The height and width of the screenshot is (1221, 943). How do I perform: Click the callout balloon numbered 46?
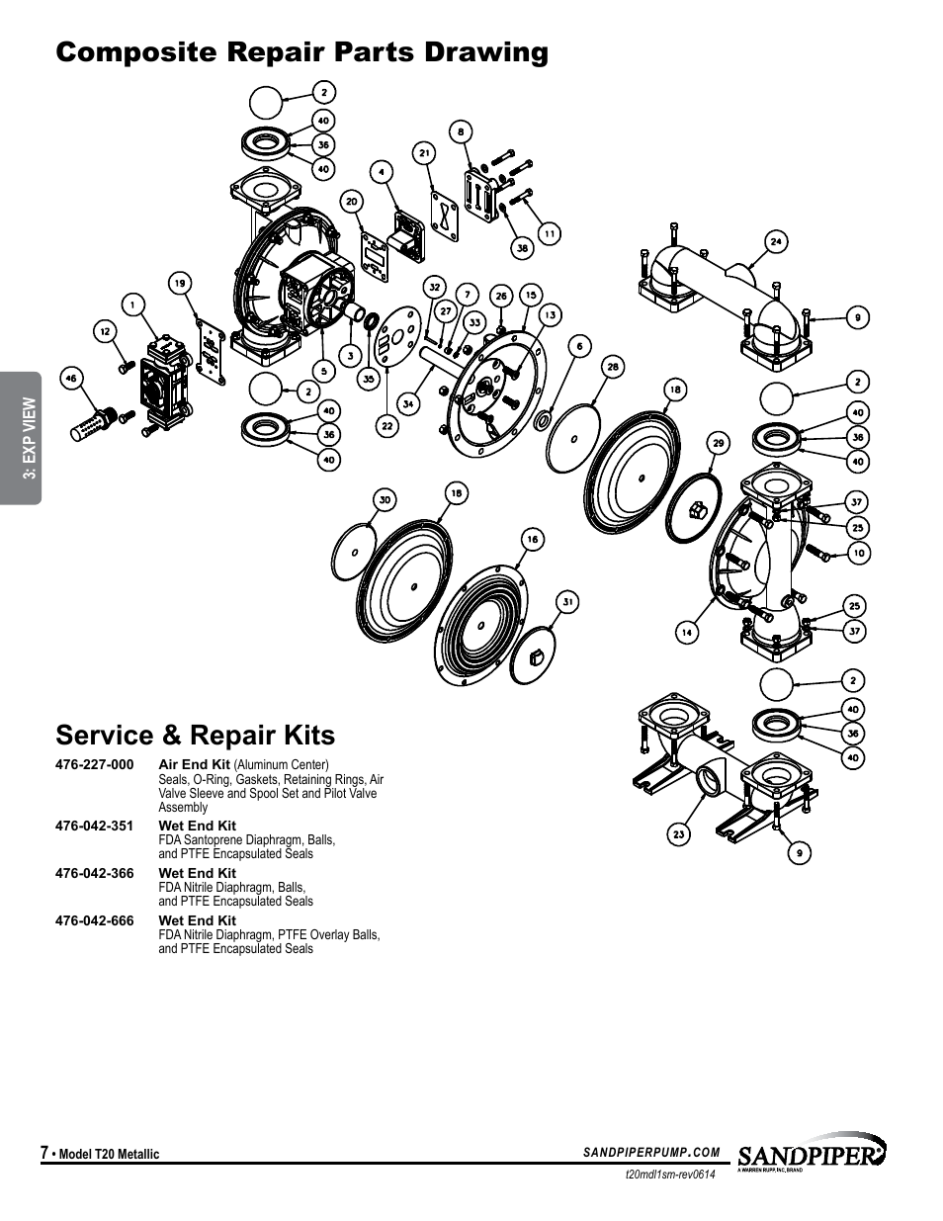[x=70, y=377]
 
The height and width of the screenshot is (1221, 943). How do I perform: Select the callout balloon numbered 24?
[x=777, y=241]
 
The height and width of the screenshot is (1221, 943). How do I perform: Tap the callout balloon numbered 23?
[x=679, y=834]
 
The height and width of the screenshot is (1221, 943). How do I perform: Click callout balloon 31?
[x=567, y=601]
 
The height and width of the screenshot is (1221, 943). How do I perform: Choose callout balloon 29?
[x=719, y=443]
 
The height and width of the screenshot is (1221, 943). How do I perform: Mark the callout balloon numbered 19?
[x=179, y=284]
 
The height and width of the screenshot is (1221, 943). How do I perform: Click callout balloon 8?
[x=460, y=130]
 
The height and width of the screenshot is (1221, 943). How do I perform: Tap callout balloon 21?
[x=424, y=153]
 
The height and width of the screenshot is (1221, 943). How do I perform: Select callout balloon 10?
[x=858, y=553]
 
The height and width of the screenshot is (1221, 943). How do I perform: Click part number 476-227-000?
[x=95, y=764]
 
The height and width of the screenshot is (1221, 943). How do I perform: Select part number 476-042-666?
[x=95, y=920]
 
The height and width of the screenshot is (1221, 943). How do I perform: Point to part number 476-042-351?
[x=95, y=826]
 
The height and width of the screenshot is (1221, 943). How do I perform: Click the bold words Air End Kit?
[x=194, y=764]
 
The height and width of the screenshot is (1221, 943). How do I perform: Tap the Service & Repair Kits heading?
[x=196, y=735]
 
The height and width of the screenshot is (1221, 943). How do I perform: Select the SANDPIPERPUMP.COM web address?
[x=651, y=1152]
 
